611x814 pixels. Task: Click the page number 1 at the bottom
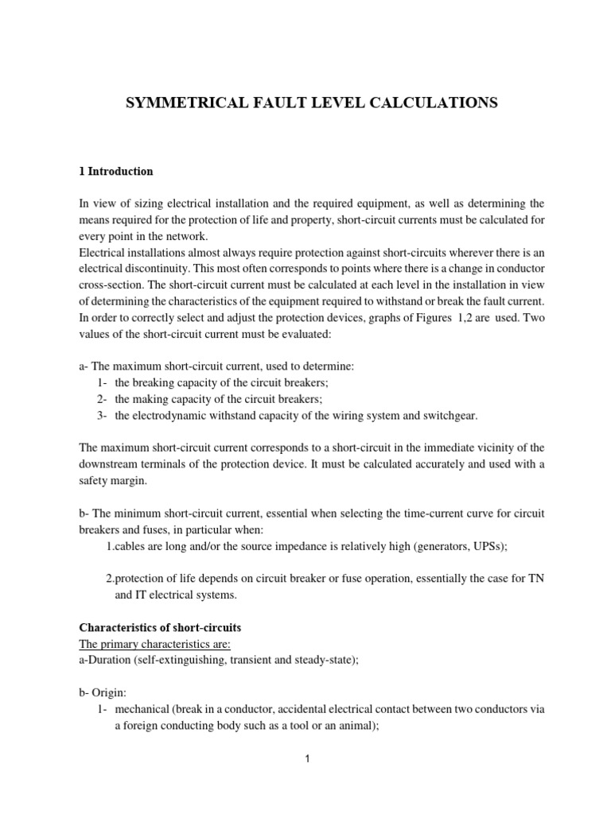tap(307, 759)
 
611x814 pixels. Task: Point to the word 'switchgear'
tap(449, 416)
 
